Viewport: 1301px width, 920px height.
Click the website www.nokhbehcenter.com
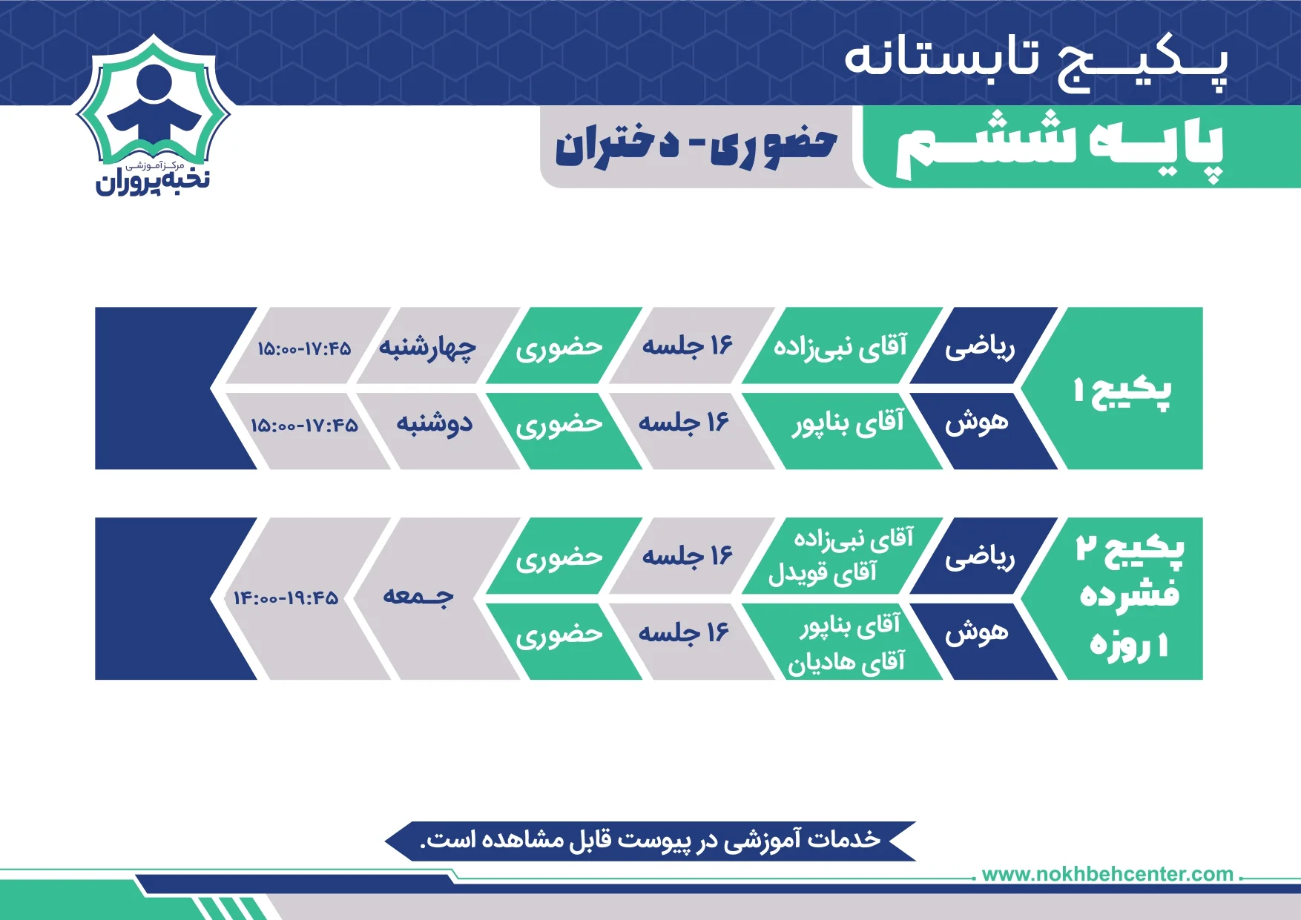pyautogui.click(x=1107, y=874)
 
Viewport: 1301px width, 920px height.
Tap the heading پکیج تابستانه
pyautogui.click(x=1036, y=61)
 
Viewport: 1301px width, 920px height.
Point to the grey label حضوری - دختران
pyautogui.click(x=696, y=147)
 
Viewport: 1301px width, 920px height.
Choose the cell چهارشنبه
pyautogui.click(x=427, y=347)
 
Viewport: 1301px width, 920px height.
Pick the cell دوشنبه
pyautogui.click(x=435, y=424)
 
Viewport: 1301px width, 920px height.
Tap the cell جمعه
pyautogui.click(x=418, y=596)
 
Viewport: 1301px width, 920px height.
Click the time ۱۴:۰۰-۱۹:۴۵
pyautogui.click(x=286, y=598)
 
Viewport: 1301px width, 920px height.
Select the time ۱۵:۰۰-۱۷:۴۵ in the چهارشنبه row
pyautogui.click(x=304, y=348)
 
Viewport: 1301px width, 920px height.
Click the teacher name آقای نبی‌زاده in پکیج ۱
pyautogui.click(x=840, y=346)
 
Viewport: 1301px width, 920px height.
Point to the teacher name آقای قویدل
pyautogui.click(x=823, y=573)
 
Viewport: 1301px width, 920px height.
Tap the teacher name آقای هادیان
pyautogui.click(x=846, y=661)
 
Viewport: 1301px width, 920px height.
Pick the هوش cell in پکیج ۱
pyautogui.click(x=977, y=423)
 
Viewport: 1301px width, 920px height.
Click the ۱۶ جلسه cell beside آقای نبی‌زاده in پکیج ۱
pyautogui.click(x=687, y=346)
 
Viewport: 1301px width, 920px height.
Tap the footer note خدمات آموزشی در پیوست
pyautogui.click(x=650, y=841)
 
